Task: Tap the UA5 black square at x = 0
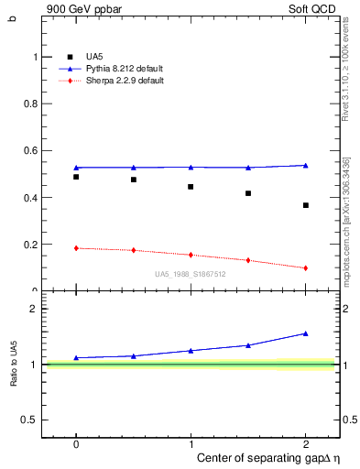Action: pyautogui.click(x=76, y=177)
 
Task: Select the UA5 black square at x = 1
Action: pyautogui.click(x=191, y=187)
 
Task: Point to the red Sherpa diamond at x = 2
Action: pyautogui.click(x=305, y=268)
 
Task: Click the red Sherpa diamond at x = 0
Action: pyautogui.click(x=76, y=248)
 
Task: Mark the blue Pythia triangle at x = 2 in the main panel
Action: pyautogui.click(x=305, y=165)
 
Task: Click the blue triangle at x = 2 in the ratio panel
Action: pyautogui.click(x=305, y=333)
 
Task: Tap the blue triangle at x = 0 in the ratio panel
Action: pyautogui.click(x=76, y=357)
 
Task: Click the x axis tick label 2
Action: pyautogui.click(x=305, y=442)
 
